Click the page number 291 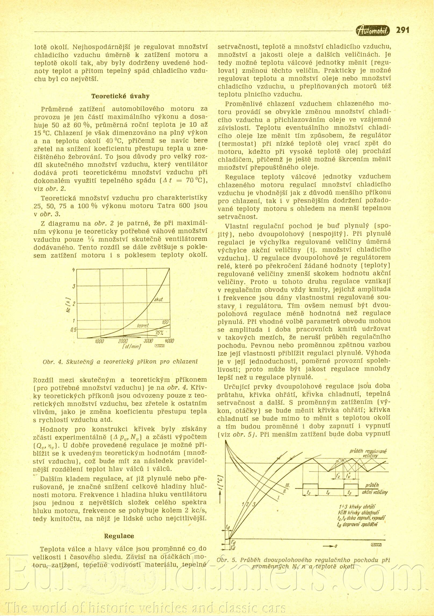pos(402,30)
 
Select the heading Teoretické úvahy pos(120,96)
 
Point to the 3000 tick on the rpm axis pos(148,341)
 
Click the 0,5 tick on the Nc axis pos(74,329)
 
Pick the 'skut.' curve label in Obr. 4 pos(159,299)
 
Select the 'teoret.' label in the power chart pos(143,326)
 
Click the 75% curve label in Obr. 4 pos(160,333)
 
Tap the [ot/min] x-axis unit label pos(131,347)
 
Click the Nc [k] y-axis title pos(68,305)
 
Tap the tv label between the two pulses pos(328,492)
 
